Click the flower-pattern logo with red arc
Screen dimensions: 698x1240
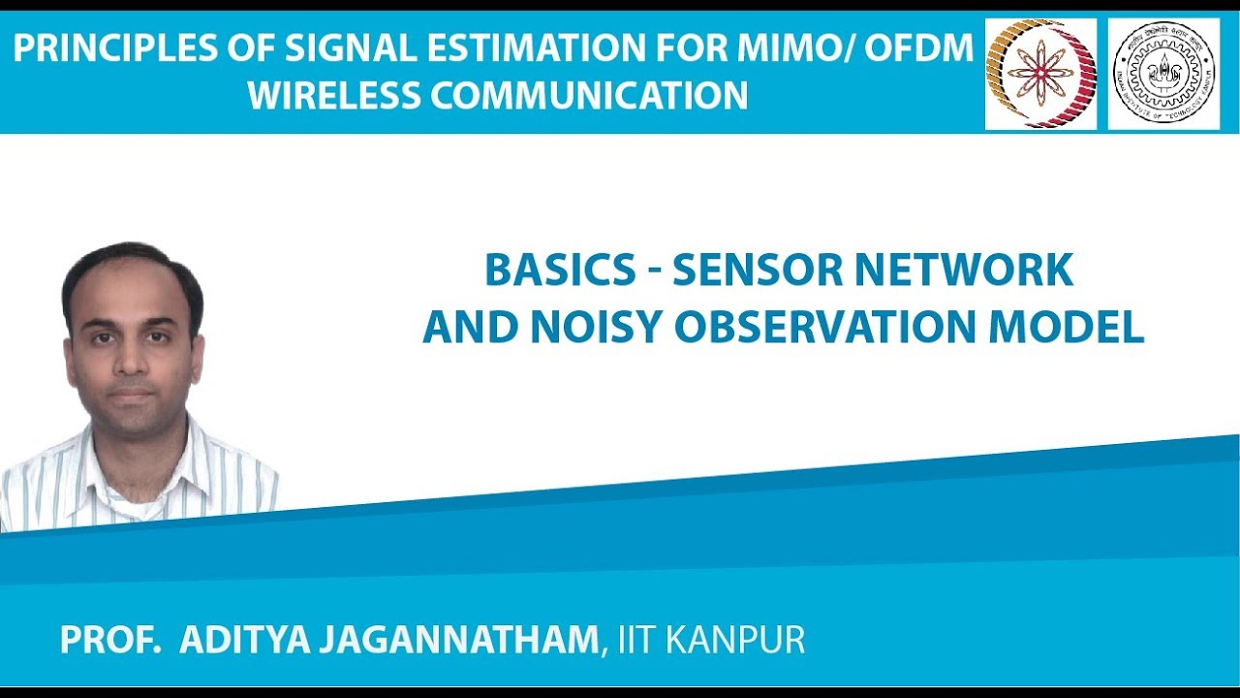[1040, 74]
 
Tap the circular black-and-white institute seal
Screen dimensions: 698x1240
[1162, 74]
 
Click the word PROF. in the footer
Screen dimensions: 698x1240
[109, 641]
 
